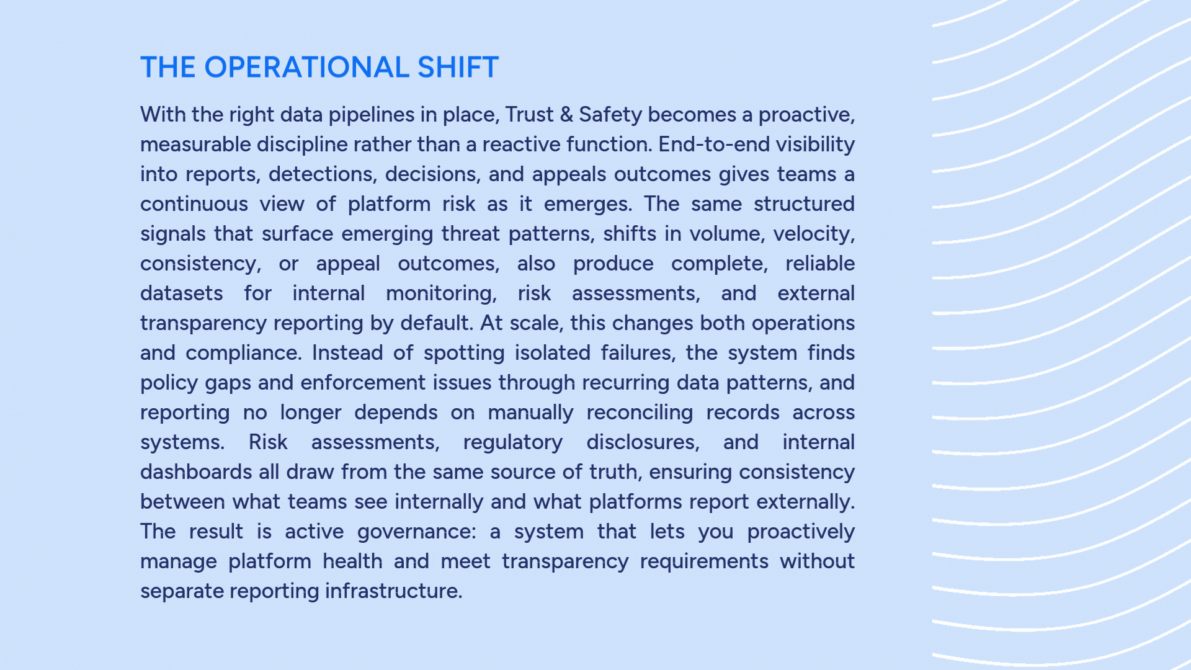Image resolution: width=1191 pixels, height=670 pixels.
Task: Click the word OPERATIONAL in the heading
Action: point(306,67)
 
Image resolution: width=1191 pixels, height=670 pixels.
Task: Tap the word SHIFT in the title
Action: point(458,67)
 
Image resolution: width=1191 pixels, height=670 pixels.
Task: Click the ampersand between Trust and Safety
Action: point(566,115)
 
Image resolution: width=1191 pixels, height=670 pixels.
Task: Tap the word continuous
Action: point(194,204)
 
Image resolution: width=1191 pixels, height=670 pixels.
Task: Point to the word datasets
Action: point(181,293)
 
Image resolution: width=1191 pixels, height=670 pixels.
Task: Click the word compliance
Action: point(243,354)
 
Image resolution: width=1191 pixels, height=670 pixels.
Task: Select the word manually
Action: point(530,413)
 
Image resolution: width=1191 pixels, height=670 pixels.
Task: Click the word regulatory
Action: point(513,443)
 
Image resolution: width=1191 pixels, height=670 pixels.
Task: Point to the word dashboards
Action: point(196,472)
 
